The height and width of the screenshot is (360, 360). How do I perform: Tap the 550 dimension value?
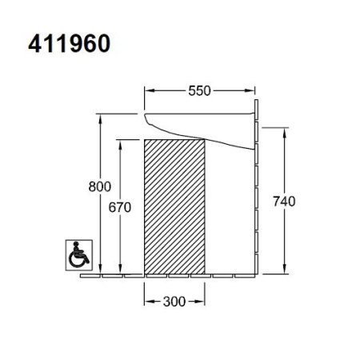click(x=199, y=91)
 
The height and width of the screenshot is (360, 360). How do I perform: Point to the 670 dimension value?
click(x=119, y=206)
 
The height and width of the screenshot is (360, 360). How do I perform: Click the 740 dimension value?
click(x=284, y=201)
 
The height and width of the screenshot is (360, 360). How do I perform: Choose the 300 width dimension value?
click(x=174, y=302)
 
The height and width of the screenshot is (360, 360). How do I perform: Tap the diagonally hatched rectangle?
click(x=174, y=206)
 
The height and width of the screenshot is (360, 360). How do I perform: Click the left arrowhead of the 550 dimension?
click(x=147, y=91)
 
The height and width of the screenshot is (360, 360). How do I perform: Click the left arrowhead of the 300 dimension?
click(x=147, y=302)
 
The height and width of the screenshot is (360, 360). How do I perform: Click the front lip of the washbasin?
click(x=146, y=121)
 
